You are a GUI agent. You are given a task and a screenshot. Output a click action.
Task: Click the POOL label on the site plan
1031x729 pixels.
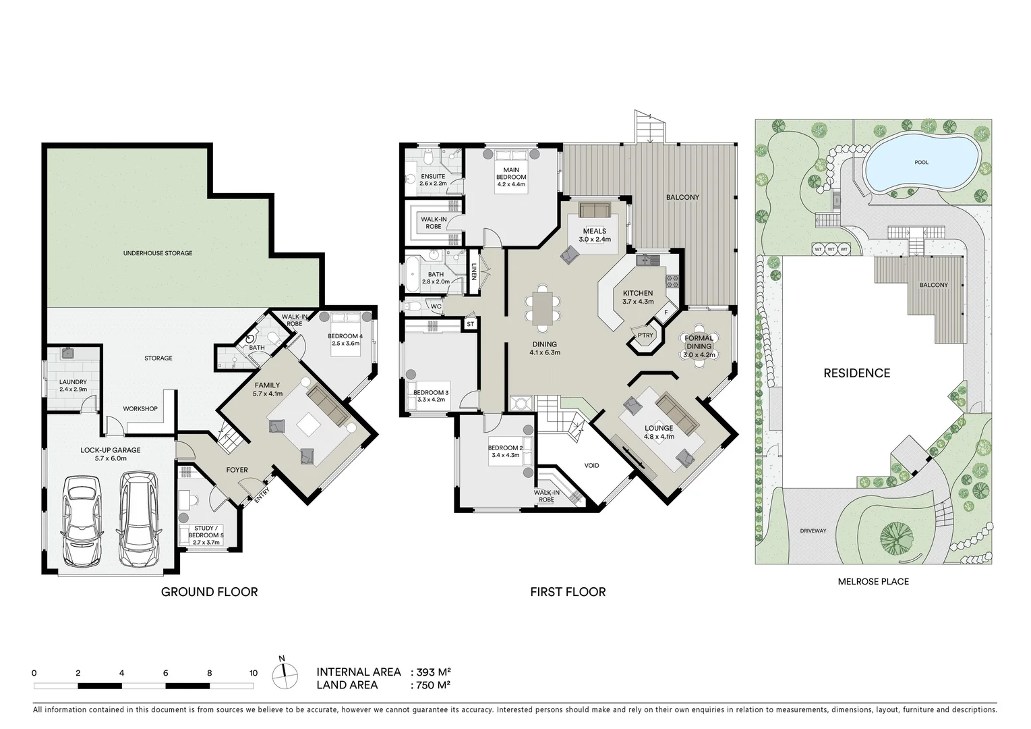click(x=922, y=162)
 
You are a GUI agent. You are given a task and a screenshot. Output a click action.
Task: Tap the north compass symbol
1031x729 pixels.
click(x=285, y=676)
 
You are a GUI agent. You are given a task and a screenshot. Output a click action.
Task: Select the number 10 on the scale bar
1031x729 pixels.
click(x=253, y=673)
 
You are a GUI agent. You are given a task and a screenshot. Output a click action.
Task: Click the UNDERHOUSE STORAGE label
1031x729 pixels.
click(x=158, y=253)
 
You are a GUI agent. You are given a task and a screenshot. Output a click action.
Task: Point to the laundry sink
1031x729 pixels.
click(x=67, y=354)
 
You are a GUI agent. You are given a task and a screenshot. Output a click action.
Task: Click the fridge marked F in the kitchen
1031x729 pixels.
click(x=666, y=313)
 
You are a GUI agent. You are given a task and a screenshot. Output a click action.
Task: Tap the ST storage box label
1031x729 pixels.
click(x=470, y=325)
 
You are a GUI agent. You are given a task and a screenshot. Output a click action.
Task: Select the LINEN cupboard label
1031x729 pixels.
click(x=473, y=271)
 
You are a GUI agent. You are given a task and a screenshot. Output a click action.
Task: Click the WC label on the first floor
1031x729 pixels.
click(x=436, y=306)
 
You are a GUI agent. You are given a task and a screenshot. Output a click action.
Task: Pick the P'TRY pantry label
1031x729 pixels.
click(x=645, y=335)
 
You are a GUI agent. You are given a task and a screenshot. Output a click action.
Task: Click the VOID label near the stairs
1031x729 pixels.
click(x=591, y=466)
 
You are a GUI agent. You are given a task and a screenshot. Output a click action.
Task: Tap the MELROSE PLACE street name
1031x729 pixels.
click(x=873, y=582)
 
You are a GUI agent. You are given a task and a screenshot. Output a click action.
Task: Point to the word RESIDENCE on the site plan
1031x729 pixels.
click(x=856, y=373)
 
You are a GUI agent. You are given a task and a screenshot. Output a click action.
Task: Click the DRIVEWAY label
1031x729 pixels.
click(x=813, y=531)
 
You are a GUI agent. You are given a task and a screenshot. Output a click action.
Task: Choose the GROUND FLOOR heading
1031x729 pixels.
click(x=210, y=592)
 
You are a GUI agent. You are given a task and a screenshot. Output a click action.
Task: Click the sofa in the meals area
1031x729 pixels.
click(x=595, y=210)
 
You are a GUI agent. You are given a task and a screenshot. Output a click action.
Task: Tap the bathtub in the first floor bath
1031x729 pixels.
click(x=411, y=274)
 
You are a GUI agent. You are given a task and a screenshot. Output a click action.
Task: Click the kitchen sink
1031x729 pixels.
click(x=648, y=261)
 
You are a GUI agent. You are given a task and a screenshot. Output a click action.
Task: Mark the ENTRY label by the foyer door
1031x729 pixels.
click(x=262, y=495)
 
